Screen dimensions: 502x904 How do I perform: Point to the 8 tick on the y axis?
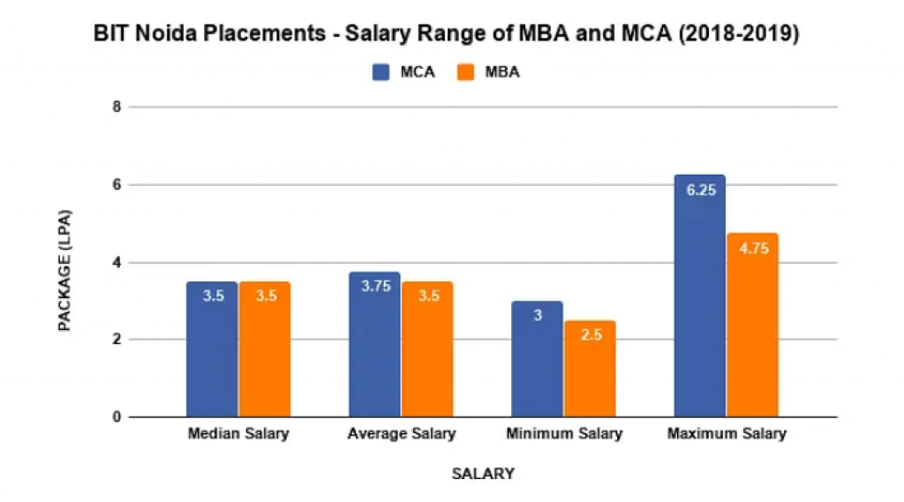click(x=116, y=107)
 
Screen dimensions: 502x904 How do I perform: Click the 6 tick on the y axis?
click(x=116, y=184)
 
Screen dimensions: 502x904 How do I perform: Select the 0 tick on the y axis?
click(x=116, y=416)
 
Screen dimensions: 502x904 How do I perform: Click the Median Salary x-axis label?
click(x=238, y=434)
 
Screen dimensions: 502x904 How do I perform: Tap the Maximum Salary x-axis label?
click(x=727, y=434)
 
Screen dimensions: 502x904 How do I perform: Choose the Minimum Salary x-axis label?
click(x=564, y=434)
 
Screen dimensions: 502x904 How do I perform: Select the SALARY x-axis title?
click(x=483, y=474)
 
